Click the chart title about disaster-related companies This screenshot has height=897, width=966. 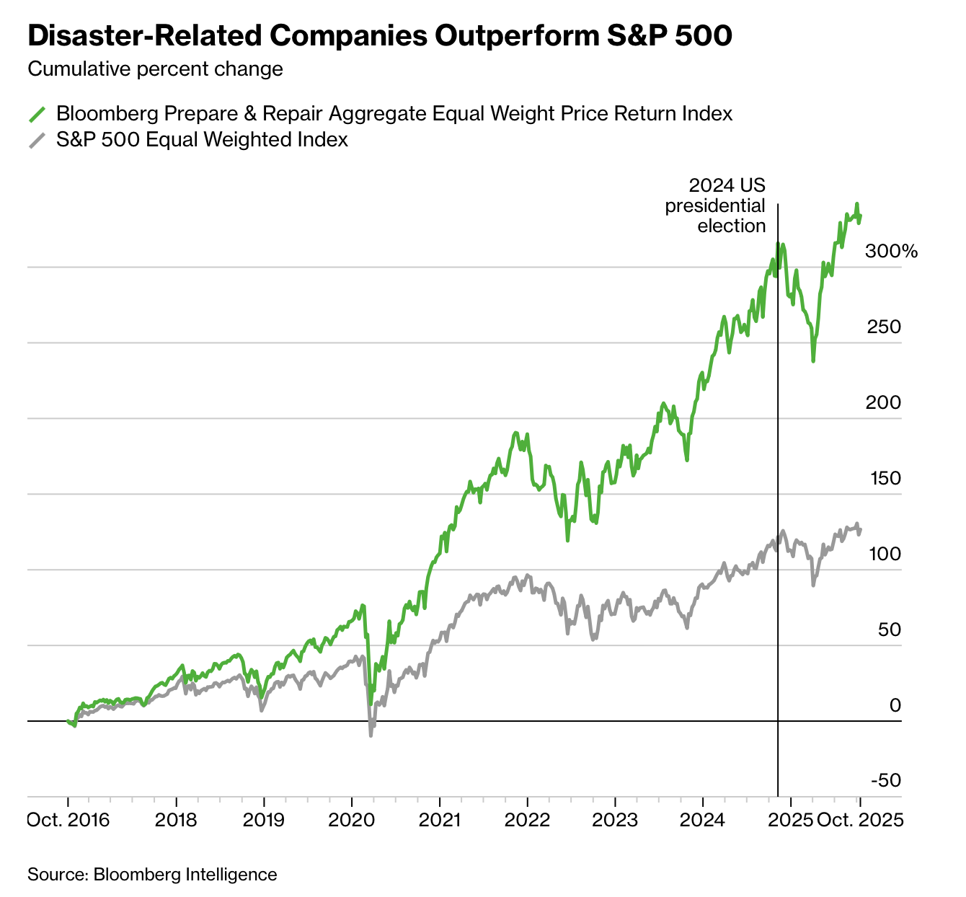(x=379, y=37)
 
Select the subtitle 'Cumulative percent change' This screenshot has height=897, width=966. (x=155, y=69)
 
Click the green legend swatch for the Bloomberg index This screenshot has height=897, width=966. (x=37, y=114)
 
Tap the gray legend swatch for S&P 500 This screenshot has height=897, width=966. (x=37, y=139)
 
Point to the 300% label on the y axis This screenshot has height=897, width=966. (x=891, y=252)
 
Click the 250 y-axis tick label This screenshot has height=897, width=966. (x=884, y=327)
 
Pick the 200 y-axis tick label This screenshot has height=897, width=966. (x=884, y=403)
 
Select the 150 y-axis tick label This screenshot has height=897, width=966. (x=884, y=479)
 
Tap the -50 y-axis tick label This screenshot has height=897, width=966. (x=886, y=781)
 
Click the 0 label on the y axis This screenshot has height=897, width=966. (x=895, y=705)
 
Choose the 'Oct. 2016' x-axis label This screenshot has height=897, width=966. (x=68, y=821)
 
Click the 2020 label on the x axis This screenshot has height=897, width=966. (x=351, y=821)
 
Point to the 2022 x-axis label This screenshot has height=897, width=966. (x=527, y=821)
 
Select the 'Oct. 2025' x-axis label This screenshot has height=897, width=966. (x=860, y=821)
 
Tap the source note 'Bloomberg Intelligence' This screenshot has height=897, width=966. (x=152, y=875)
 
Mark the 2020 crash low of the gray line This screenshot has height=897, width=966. (x=371, y=735)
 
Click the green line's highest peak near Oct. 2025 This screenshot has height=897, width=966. (x=856, y=204)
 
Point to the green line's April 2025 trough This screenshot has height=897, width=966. (x=813, y=361)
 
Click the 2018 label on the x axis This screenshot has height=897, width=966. (x=176, y=821)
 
